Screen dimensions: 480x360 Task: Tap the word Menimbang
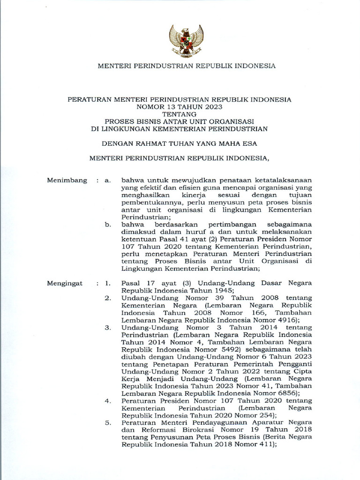point(67,180)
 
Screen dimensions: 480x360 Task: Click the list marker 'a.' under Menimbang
point(108,180)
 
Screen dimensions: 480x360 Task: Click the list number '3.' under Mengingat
point(107,327)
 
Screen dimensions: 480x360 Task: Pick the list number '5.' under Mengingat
point(107,422)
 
